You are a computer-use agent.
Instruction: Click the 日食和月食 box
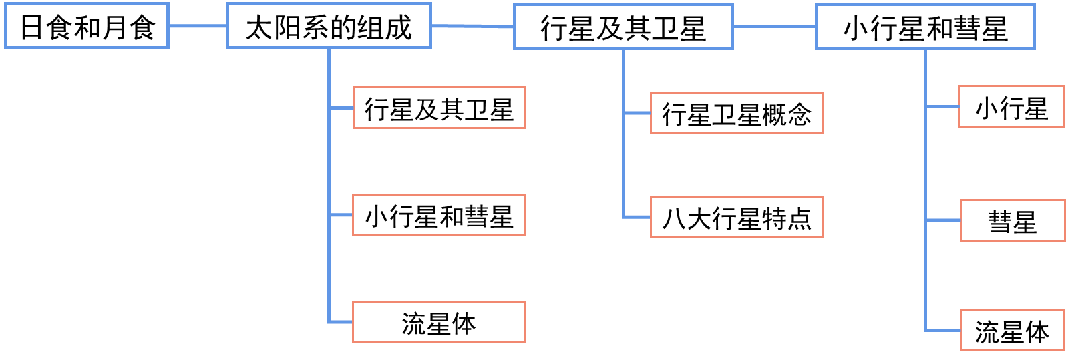click(x=87, y=26)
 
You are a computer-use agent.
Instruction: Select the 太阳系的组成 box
click(x=329, y=26)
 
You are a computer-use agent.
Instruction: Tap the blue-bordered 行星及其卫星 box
click(x=623, y=27)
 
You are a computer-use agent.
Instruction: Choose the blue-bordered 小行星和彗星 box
click(x=925, y=27)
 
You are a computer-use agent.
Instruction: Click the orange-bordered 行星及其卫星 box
click(x=439, y=108)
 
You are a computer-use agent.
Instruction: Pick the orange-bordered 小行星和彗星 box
click(x=439, y=215)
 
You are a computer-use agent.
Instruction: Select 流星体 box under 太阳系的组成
click(x=439, y=322)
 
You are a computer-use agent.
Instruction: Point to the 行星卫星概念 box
click(x=736, y=113)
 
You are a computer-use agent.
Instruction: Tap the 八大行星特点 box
click(x=736, y=217)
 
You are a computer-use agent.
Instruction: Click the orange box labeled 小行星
click(x=1011, y=106)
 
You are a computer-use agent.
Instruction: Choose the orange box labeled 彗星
click(x=1012, y=220)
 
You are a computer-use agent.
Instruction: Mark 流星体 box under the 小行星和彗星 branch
click(x=1012, y=330)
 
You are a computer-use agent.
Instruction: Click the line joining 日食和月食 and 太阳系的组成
click(x=197, y=26)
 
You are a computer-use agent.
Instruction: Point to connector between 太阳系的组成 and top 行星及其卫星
click(x=472, y=26)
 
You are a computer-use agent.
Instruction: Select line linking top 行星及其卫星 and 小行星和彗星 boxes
click(x=774, y=27)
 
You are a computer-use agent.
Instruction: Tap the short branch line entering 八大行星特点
click(x=637, y=217)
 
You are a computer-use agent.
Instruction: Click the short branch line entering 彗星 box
click(x=942, y=220)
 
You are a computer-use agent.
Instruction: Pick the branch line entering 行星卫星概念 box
click(x=637, y=113)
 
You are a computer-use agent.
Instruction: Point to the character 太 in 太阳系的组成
click(x=258, y=27)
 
